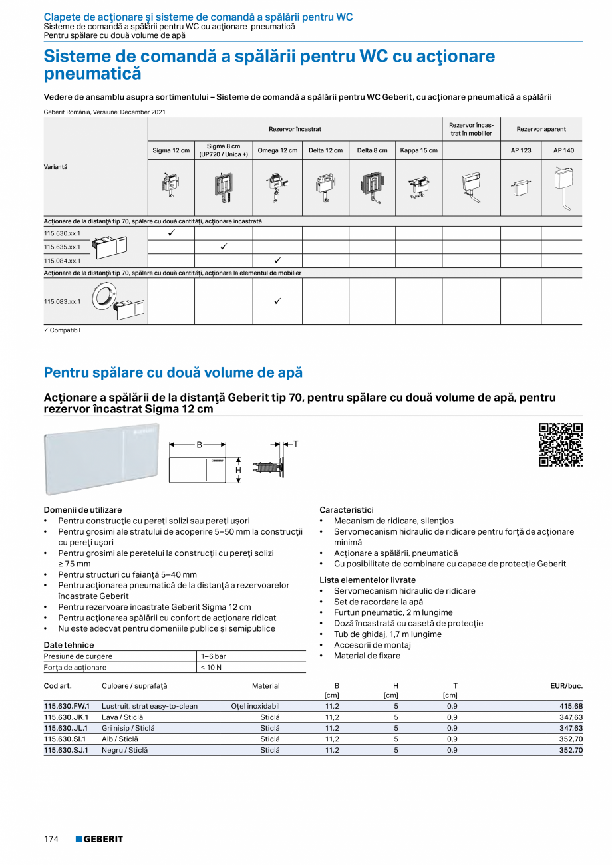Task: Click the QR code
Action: [x=560, y=445]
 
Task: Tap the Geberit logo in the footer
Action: [x=99, y=839]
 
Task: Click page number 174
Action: [x=51, y=839]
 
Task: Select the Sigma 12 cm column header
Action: [x=171, y=150]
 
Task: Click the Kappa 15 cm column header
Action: [x=418, y=150]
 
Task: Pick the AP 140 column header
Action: [x=563, y=150]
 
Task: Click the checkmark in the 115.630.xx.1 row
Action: [x=171, y=233]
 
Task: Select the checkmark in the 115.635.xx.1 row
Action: [x=224, y=247]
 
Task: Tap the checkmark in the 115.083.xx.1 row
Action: [x=277, y=301]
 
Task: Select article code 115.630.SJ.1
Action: [x=66, y=750]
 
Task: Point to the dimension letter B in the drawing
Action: [x=198, y=445]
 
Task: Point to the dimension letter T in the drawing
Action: [x=296, y=443]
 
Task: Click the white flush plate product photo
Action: [x=102, y=459]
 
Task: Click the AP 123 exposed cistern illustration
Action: [x=520, y=188]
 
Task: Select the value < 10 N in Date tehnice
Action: [x=211, y=667]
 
